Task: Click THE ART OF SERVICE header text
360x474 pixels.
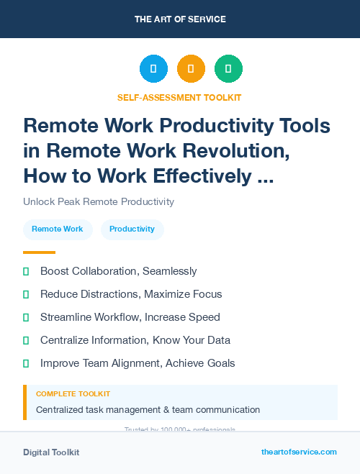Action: click(x=180, y=19)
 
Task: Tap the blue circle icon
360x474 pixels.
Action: click(x=153, y=69)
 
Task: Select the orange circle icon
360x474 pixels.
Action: click(x=191, y=69)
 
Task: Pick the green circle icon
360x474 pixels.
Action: click(x=228, y=69)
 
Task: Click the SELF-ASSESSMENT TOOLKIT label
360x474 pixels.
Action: click(x=179, y=97)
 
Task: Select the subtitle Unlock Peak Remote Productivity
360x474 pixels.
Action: click(x=99, y=201)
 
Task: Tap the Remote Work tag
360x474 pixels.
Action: click(x=58, y=229)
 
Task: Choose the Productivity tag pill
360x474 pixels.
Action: click(x=132, y=229)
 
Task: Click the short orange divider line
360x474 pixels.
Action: click(x=39, y=252)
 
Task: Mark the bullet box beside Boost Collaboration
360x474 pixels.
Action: click(x=26, y=271)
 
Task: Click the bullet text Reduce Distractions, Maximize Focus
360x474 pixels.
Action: click(x=131, y=294)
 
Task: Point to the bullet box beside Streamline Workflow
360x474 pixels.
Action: click(x=26, y=317)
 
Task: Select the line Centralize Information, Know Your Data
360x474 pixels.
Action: click(x=135, y=340)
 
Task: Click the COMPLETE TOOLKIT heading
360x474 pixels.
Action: click(x=73, y=394)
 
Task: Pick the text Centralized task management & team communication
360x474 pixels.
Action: click(x=148, y=410)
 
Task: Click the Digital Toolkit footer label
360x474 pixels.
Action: click(x=51, y=452)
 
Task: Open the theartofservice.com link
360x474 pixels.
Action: click(x=299, y=452)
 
